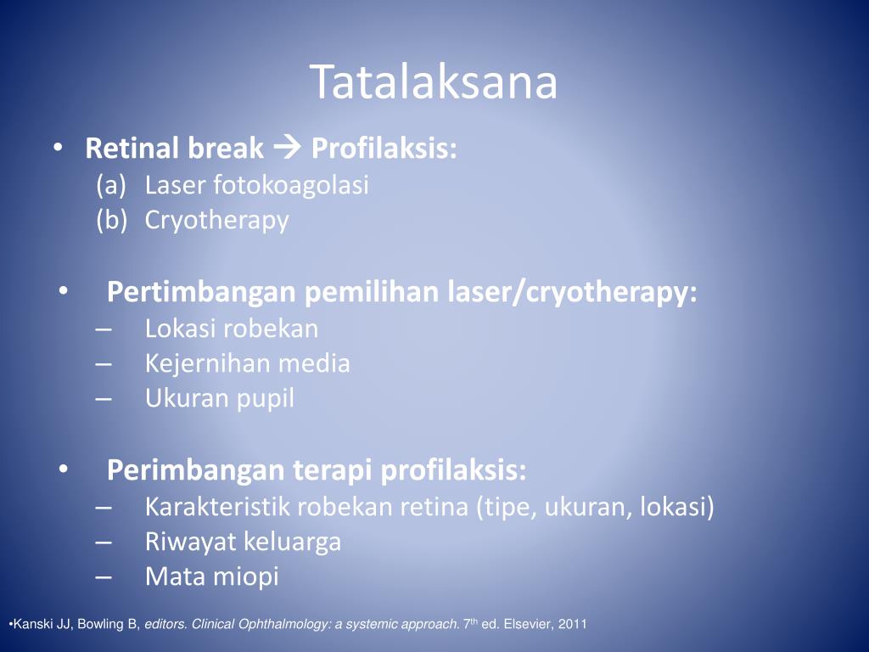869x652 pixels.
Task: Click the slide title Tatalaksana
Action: pyautogui.click(x=434, y=82)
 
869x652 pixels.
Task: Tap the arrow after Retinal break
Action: pyautogui.click(x=287, y=148)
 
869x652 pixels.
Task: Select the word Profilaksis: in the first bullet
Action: pyautogui.click(x=384, y=149)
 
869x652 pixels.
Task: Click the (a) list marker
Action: pyautogui.click(x=111, y=185)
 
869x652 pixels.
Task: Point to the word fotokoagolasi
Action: pyautogui.click(x=291, y=185)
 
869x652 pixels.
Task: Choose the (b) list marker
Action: pyautogui.click(x=111, y=220)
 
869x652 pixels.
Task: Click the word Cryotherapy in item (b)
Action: pyautogui.click(x=216, y=221)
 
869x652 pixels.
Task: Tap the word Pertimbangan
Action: pyautogui.click(x=200, y=292)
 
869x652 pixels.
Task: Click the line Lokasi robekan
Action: pyautogui.click(x=232, y=329)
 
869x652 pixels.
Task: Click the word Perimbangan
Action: pyautogui.click(x=196, y=470)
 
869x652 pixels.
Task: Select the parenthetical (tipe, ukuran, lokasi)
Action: pyautogui.click(x=595, y=508)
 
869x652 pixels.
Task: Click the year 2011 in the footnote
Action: pyautogui.click(x=573, y=624)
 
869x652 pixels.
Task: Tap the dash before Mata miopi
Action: pyautogui.click(x=103, y=577)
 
